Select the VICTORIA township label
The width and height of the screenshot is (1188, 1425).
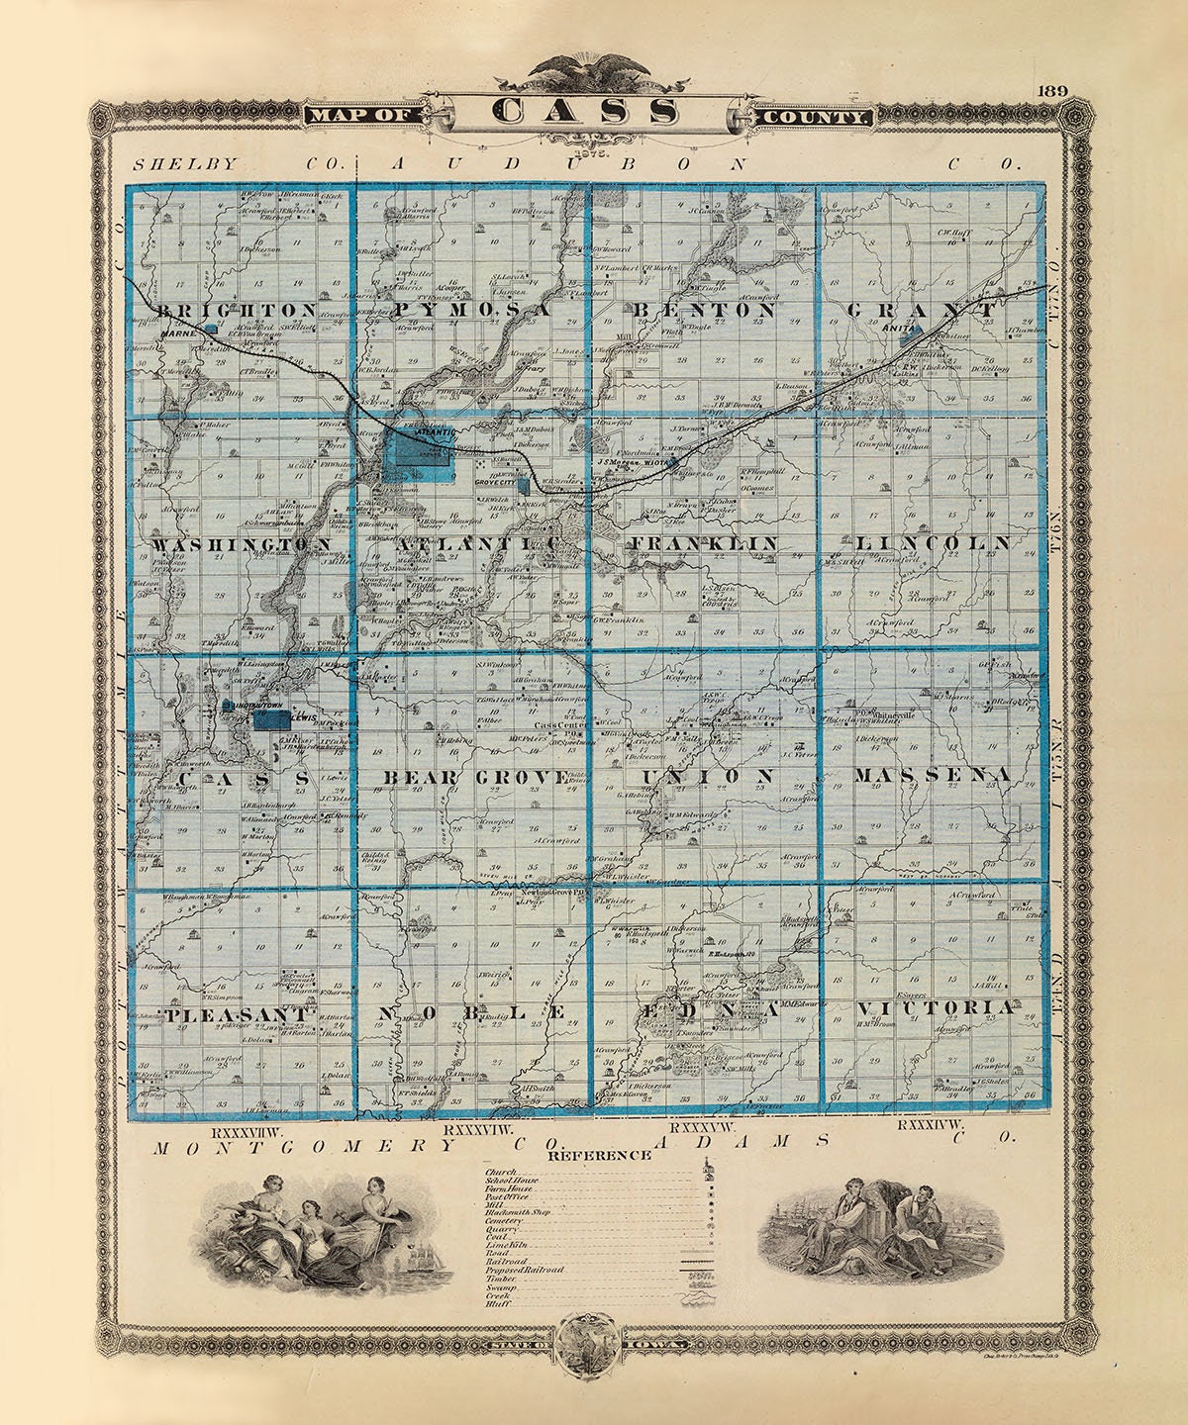[x=936, y=1007]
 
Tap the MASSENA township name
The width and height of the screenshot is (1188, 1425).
[x=931, y=775]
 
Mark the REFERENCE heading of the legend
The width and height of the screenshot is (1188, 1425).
[x=600, y=1154]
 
